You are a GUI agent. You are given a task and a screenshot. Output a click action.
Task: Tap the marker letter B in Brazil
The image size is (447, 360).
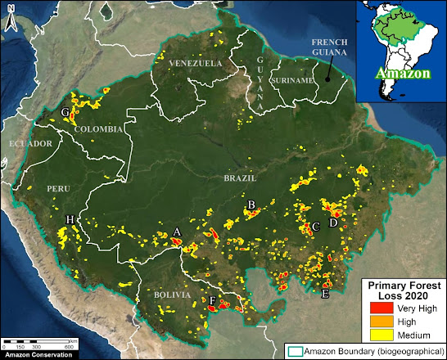click(251, 205)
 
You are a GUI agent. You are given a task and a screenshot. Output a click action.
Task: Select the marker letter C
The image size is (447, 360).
click(316, 227)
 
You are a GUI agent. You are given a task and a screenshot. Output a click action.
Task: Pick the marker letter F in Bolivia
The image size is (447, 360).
click(213, 302)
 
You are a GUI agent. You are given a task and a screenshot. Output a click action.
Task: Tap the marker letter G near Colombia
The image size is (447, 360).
click(65, 112)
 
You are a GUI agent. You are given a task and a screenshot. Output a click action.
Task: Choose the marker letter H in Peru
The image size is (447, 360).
click(70, 219)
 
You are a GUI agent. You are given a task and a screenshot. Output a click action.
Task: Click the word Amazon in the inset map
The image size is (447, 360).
click(400, 73)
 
